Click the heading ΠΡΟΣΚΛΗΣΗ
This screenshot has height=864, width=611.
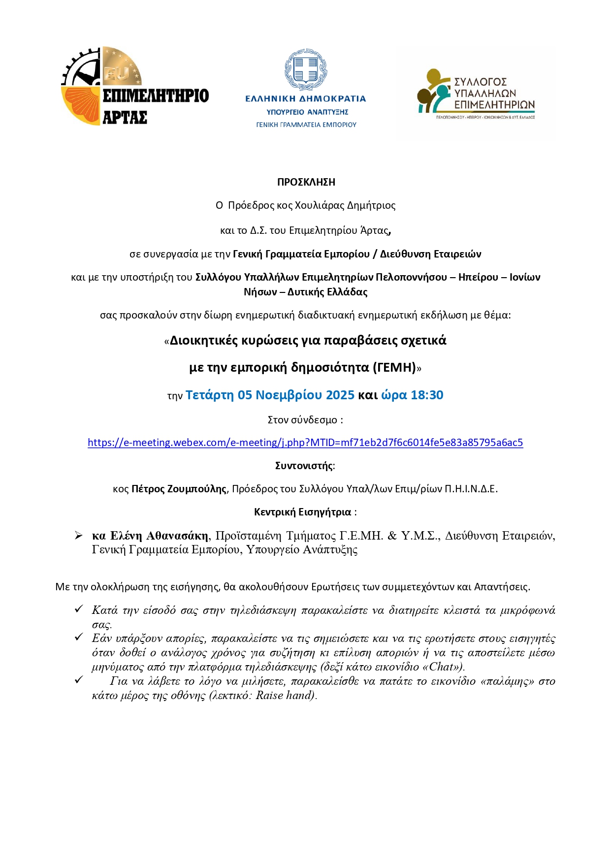(306, 182)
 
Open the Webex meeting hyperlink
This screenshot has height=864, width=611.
(305, 443)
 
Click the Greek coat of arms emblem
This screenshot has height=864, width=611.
(306, 70)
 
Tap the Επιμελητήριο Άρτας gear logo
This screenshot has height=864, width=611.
(101, 86)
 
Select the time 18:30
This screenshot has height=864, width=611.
(427, 395)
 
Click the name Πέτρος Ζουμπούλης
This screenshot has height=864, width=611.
(179, 489)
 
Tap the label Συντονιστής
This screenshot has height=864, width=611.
(304, 466)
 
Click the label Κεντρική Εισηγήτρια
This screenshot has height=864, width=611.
(302, 512)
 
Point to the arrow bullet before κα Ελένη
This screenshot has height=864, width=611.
(79, 536)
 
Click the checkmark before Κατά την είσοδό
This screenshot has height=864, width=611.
(79, 609)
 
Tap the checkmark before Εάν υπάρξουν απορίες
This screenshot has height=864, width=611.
(79, 638)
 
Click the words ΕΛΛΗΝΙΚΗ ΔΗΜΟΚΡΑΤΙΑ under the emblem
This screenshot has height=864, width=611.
(306, 99)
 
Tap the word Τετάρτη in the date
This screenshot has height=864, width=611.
(209, 395)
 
